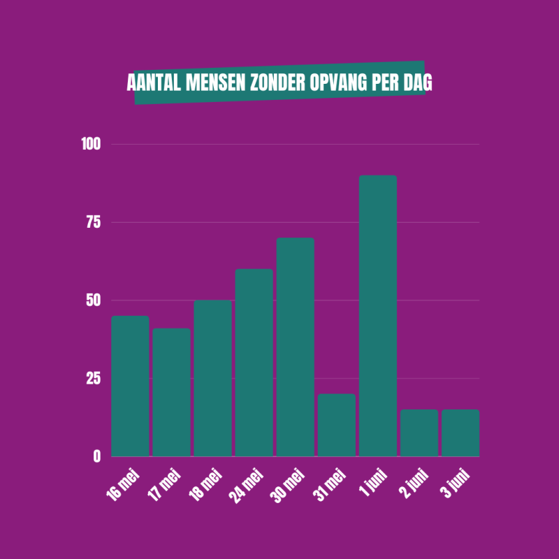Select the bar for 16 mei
[131, 386]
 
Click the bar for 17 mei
[171, 392]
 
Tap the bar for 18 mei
[212, 378]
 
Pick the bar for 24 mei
[254, 363]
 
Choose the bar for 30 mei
[295, 347]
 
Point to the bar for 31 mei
[336, 425]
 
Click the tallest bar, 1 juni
[377, 316]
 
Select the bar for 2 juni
[419, 433]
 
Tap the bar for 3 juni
[460, 433]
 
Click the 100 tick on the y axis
[92, 145]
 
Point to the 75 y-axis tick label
[94, 222]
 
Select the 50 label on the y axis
[94, 300]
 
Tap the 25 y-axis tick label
[94, 378]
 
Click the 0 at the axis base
[97, 456]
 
